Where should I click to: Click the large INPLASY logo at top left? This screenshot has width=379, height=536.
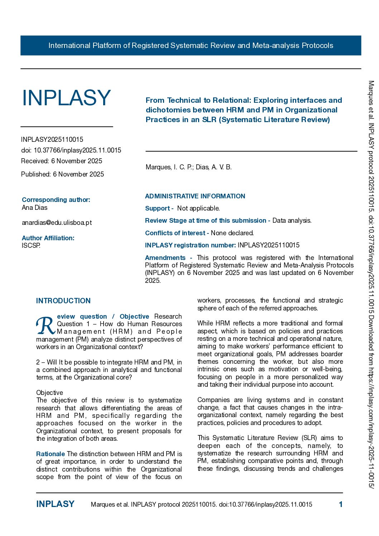click(x=66, y=98)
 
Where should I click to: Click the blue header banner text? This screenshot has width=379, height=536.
click(x=191, y=45)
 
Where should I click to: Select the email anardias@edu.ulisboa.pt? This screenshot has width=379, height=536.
click(x=57, y=223)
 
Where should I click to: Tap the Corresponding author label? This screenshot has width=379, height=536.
click(x=56, y=200)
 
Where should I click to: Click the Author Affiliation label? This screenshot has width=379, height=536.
click(x=48, y=238)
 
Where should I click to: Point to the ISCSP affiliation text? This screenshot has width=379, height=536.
click(x=31, y=246)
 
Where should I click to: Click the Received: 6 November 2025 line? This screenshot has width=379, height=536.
click(x=62, y=161)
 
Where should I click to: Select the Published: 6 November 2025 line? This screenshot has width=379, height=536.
click(x=62, y=174)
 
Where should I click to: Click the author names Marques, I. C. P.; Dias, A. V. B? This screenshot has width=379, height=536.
click(x=188, y=167)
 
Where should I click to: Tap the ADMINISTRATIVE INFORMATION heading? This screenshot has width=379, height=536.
click(x=195, y=196)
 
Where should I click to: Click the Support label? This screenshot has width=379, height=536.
click(x=158, y=208)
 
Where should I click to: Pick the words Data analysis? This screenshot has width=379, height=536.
click(x=292, y=221)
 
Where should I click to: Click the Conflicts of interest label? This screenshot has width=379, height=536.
click(x=175, y=233)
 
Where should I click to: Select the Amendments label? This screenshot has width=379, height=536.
click(x=165, y=258)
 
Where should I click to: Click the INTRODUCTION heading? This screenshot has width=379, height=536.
click(x=63, y=301)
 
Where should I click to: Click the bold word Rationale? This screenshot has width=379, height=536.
click(x=51, y=454)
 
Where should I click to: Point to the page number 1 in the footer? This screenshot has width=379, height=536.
click(x=341, y=504)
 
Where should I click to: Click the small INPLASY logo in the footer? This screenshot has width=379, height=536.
click(x=55, y=504)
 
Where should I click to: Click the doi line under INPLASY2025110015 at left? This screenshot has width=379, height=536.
click(x=71, y=150)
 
